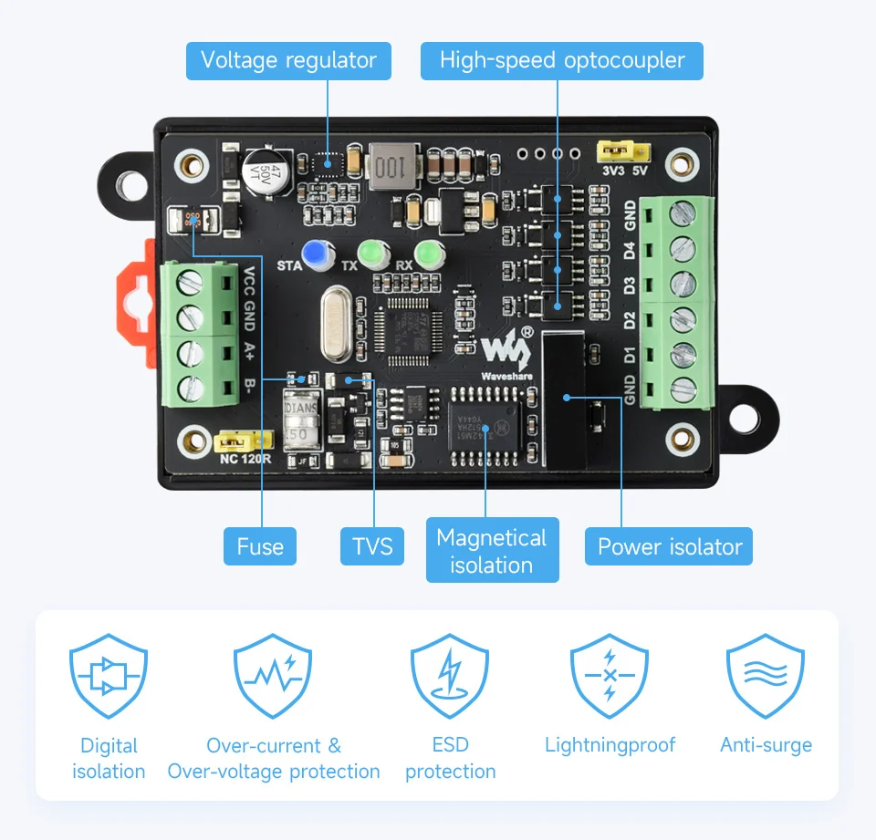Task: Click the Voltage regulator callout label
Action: point(288,61)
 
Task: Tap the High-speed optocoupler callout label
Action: point(562,61)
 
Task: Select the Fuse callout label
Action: point(260,546)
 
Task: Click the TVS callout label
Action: point(372,546)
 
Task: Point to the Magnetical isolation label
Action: point(492,551)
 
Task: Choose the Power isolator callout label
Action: point(669,546)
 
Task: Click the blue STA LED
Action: point(317,254)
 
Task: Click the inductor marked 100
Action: point(391,167)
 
